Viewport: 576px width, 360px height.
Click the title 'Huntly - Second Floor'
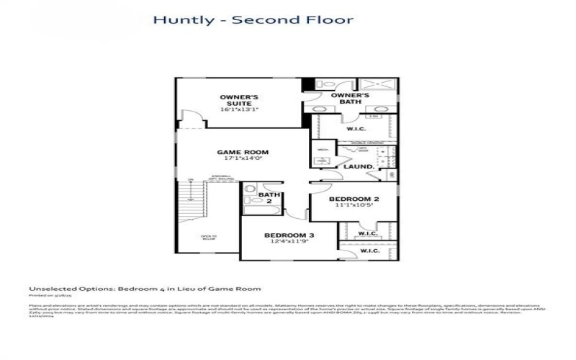tap(253, 19)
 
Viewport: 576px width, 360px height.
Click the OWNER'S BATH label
tap(351, 99)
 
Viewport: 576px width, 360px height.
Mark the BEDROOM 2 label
tap(354, 199)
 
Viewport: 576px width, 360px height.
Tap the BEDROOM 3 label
tap(288, 235)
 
